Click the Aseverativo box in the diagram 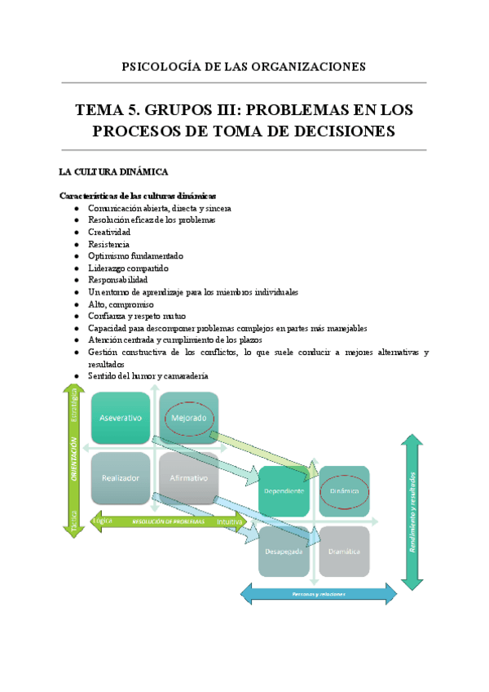121,418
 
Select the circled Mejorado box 188,418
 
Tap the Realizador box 121,477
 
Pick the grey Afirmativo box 188,477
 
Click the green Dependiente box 284,490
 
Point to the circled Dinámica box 343,491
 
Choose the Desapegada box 284,551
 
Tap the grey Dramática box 343,551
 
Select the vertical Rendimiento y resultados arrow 413,512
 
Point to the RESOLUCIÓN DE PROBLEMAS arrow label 160,520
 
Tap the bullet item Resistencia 108,244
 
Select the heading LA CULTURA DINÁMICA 113,172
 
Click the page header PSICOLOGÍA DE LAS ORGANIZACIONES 244,66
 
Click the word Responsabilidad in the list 117,279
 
